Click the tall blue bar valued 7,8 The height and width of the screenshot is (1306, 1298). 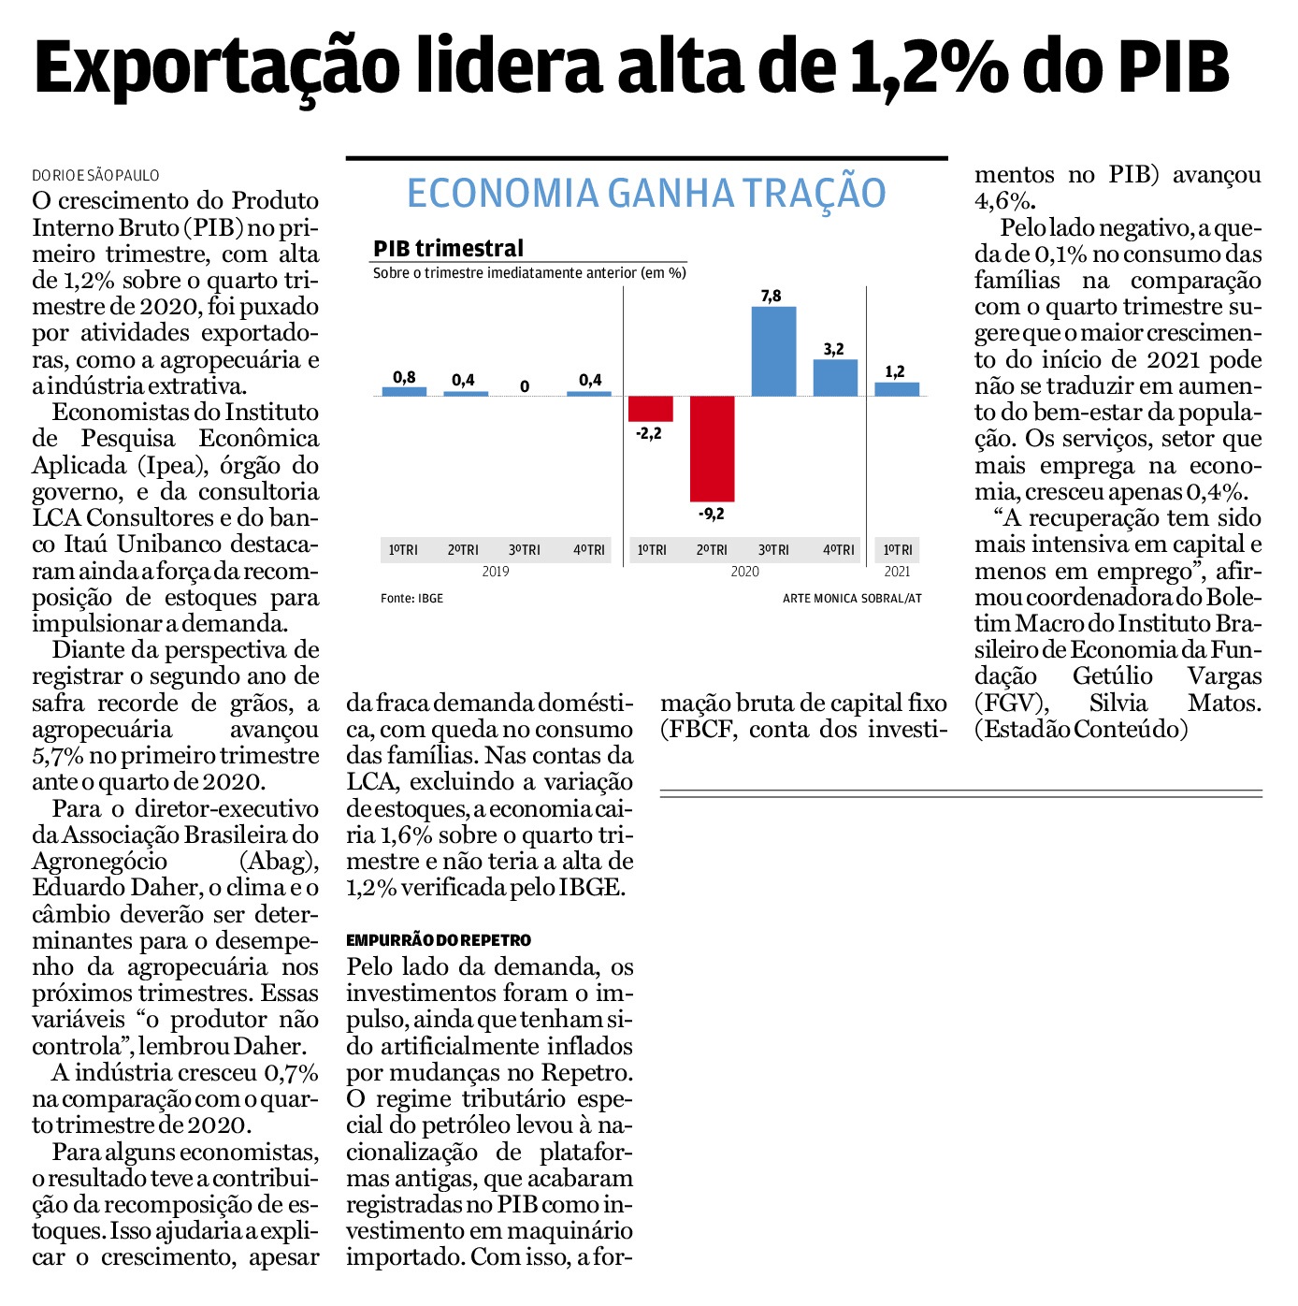tap(773, 351)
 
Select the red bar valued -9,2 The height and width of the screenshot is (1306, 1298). tap(712, 449)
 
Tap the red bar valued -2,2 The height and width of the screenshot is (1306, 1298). tap(651, 409)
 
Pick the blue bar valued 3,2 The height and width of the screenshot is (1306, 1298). tap(835, 378)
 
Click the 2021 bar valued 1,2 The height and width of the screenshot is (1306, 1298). tap(897, 389)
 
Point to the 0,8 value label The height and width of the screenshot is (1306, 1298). tap(405, 377)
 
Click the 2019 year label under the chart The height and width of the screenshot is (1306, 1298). tap(496, 572)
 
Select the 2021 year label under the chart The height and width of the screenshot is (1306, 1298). tap(897, 572)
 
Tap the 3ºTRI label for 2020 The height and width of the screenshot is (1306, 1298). tap(773, 550)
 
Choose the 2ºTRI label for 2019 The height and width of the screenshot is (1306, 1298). tap(463, 550)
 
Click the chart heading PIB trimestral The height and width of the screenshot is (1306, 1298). tap(448, 248)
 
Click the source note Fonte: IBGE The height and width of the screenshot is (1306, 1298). tap(411, 599)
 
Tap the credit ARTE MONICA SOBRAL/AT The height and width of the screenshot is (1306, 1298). tap(852, 599)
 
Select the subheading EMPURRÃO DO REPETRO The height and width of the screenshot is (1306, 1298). tap(439, 940)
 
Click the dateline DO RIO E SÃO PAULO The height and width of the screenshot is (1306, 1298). tap(95, 176)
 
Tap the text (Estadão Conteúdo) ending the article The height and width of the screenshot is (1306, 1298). tap(1081, 729)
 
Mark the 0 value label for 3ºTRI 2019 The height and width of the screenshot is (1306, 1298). tap(525, 386)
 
